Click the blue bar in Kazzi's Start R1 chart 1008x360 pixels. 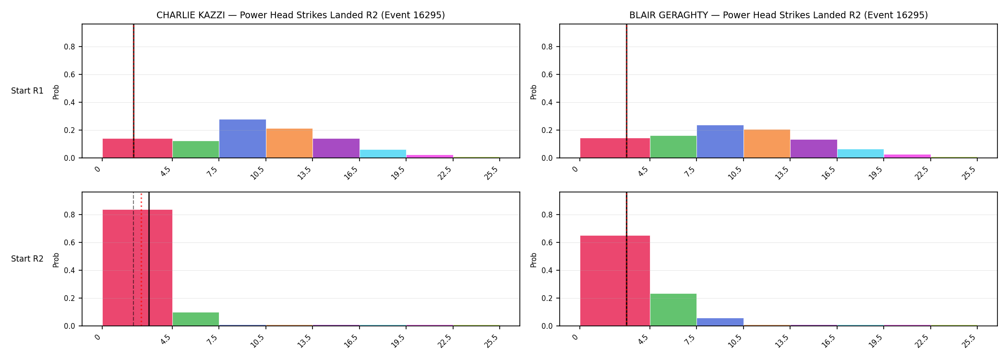coord(242,138)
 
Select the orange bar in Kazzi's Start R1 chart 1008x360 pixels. coord(289,143)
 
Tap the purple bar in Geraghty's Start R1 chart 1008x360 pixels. coord(814,149)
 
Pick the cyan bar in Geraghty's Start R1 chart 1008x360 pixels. coord(861,154)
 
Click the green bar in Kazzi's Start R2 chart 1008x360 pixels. coord(196,319)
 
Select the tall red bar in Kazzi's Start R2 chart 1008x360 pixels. coord(137,268)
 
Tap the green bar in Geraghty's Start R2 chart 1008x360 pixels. coord(673,310)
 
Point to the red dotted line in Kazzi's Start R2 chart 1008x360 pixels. coord(141,259)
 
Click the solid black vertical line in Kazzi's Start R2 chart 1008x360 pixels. coord(149,259)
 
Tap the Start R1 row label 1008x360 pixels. coord(27,91)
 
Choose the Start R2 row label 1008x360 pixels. coord(27,259)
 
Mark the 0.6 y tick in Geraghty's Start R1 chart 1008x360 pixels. coord(547,75)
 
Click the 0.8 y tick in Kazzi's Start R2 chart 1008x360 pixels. coord(70,215)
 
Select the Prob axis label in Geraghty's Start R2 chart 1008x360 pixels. coord(534,260)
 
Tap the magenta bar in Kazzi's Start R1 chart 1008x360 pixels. coord(430,156)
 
